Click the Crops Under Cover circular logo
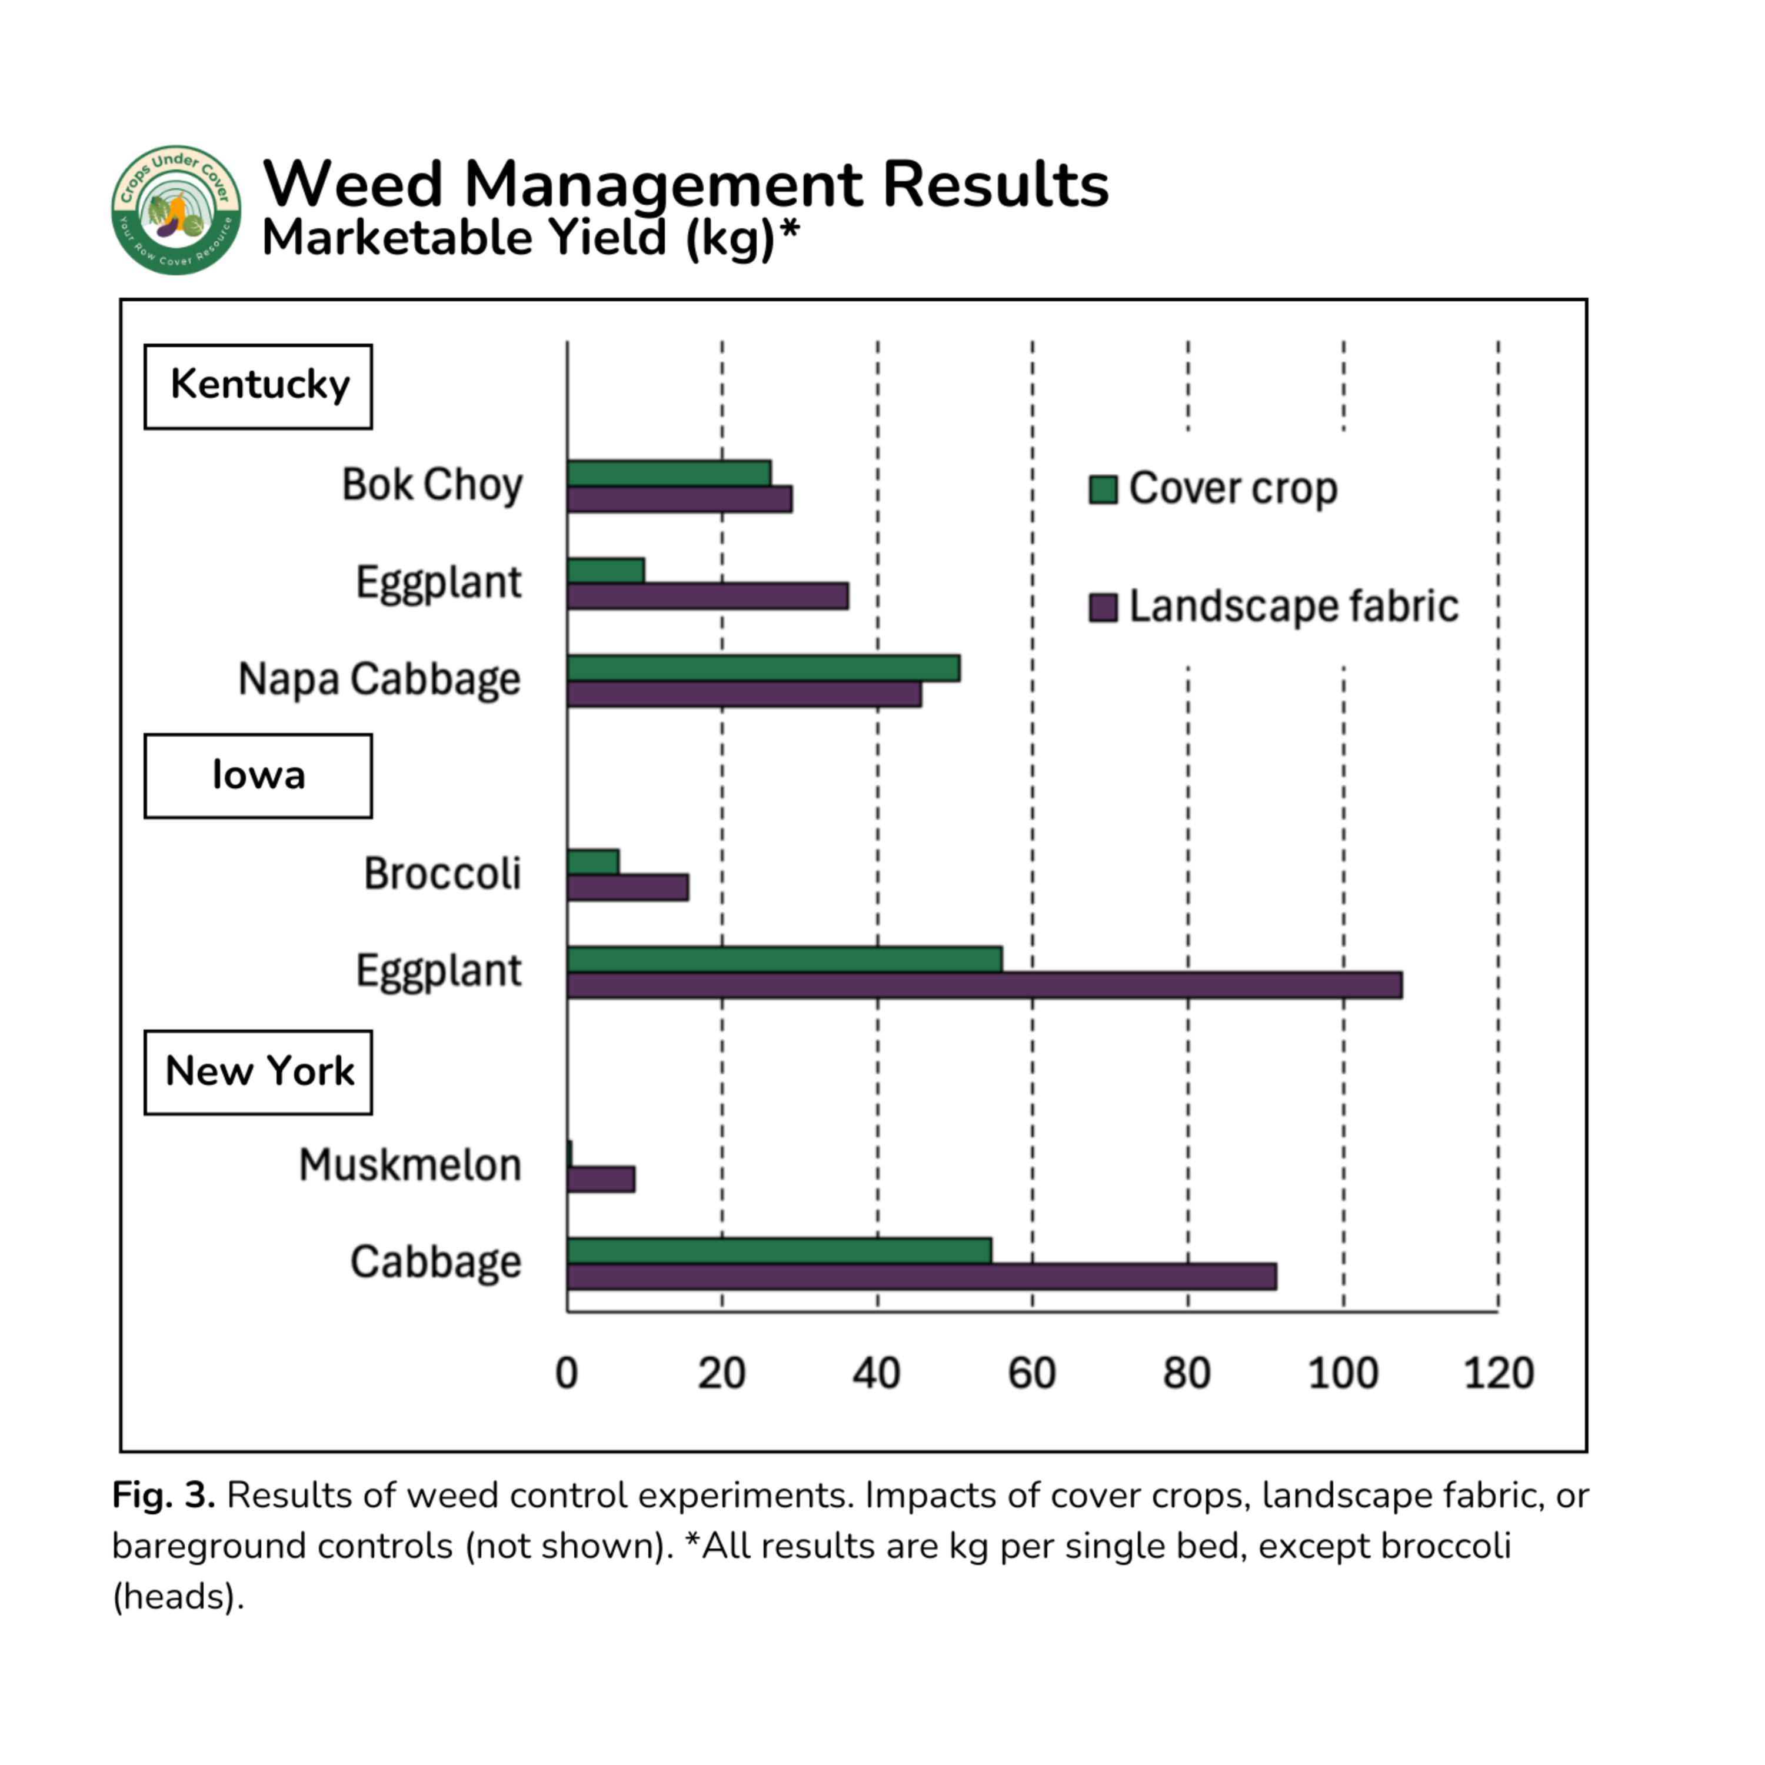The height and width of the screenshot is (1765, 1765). coord(176,209)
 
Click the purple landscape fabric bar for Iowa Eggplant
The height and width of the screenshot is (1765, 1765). coord(984,985)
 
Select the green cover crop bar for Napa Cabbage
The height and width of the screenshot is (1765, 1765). coord(763,668)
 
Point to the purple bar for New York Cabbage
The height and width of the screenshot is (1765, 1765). coord(921,1276)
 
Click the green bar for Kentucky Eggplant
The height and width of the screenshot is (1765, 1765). coord(605,570)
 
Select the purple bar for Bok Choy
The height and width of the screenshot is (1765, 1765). coord(679,499)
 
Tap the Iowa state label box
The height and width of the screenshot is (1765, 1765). coord(258,775)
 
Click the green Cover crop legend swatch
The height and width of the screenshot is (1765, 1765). coord(1103,489)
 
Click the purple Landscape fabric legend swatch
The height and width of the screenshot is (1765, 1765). coord(1103,607)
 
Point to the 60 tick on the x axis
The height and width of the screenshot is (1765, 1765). coord(1031,1373)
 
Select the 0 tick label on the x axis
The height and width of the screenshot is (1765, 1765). coord(567,1373)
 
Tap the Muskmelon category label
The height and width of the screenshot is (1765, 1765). coord(409,1165)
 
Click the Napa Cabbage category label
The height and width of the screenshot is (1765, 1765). coord(378,679)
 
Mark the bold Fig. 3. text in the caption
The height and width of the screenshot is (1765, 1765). coord(162,1496)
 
